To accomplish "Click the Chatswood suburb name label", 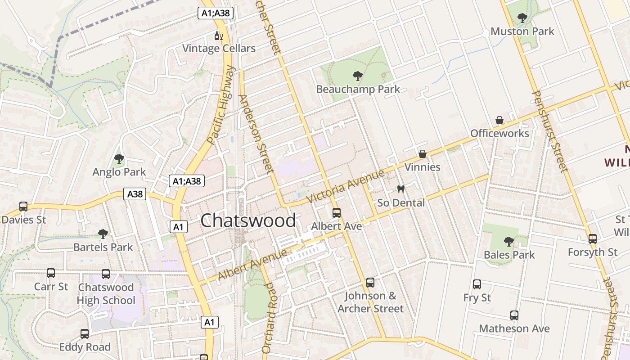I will click(248, 221).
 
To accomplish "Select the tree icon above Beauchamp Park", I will click(358, 76).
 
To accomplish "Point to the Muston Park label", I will click(522, 31).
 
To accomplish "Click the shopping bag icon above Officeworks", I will click(499, 121).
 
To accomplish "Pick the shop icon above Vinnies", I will click(422, 154).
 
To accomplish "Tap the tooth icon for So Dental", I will click(400, 189).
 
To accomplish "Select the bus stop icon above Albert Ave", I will click(336, 213).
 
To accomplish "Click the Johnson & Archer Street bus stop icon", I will click(370, 283).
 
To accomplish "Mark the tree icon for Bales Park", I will click(509, 242).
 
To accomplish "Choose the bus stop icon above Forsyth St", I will click(593, 239).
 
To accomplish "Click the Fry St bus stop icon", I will click(477, 284).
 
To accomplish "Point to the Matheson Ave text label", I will click(514, 329).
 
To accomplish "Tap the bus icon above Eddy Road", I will click(85, 334).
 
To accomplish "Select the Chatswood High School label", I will click(106, 294).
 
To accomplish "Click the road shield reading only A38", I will click(135, 194).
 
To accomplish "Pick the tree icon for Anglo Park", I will click(119, 159).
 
